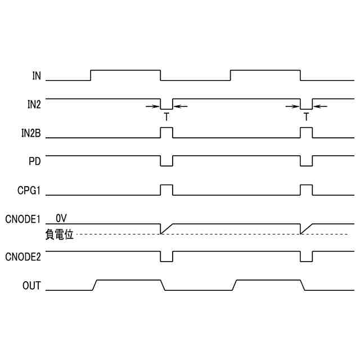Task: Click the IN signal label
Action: click(36, 75)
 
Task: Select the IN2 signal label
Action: click(34, 103)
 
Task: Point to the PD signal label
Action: click(35, 161)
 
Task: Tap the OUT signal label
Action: click(31, 285)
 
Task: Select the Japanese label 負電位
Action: click(59, 234)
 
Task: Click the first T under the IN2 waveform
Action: click(166, 118)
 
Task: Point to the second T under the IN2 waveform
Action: click(307, 118)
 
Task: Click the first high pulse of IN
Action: click(126, 70)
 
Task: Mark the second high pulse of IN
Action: click(265, 70)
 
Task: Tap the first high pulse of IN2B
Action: click(166, 128)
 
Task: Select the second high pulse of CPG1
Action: click(307, 185)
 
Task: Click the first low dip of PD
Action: click(166, 166)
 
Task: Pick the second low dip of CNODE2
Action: click(307, 261)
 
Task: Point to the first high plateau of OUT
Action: click(129, 280)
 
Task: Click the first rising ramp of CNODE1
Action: click(167, 228)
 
